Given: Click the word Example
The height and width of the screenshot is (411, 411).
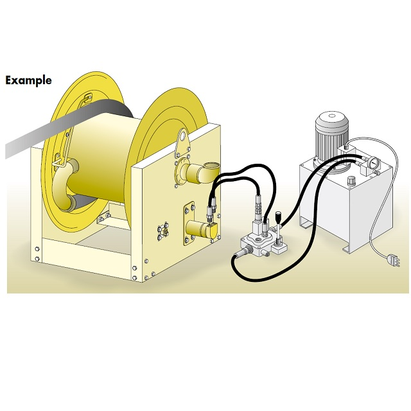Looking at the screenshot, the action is click(28, 80).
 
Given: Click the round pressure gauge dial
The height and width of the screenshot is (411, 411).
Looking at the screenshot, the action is click(373, 162).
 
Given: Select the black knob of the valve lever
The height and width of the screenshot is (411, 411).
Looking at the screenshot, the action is click(277, 217).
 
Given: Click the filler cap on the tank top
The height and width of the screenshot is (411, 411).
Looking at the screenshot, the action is click(351, 181).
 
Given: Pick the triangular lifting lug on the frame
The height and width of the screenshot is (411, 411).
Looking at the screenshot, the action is click(182, 143).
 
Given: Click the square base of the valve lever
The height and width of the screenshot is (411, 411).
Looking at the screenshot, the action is click(279, 247).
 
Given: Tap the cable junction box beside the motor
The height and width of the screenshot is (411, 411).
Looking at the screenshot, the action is click(347, 151).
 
